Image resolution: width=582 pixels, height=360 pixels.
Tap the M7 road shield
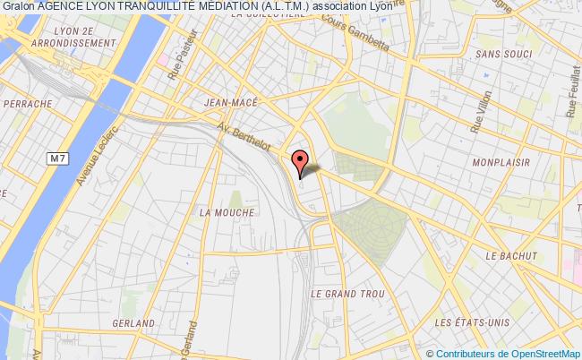click(x=58, y=159)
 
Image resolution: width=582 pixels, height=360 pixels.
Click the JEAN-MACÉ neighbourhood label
click(x=232, y=103)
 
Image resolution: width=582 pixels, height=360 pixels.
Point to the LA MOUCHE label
click(x=227, y=212)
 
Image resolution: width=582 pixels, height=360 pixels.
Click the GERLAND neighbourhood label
click(x=132, y=322)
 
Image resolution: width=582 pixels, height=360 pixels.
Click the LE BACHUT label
click(x=510, y=256)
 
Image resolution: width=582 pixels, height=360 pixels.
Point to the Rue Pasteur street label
click(x=179, y=64)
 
